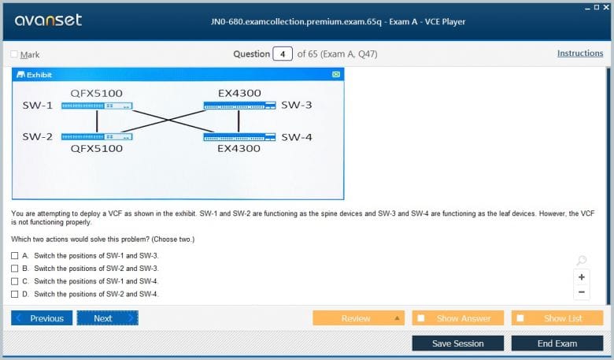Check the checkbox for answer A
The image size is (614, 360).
point(14,256)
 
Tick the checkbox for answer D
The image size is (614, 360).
point(14,294)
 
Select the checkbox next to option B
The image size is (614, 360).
point(14,269)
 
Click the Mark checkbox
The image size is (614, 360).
point(14,54)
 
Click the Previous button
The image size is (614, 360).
point(42,318)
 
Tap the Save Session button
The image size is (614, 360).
point(458,343)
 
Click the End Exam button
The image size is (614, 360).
point(557,343)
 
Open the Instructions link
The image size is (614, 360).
point(580,54)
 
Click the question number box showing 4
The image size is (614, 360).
point(283,54)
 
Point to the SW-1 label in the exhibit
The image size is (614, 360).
point(37,106)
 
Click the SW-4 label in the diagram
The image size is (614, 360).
point(297,137)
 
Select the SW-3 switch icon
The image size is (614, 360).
point(239,106)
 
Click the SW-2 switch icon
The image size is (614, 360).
point(97,137)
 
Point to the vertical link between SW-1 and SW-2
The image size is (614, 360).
point(97,121)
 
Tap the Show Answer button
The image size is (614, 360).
point(458,318)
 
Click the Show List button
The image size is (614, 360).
point(557,318)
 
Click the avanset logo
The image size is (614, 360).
point(48,20)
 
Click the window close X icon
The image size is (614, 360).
point(606,7)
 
